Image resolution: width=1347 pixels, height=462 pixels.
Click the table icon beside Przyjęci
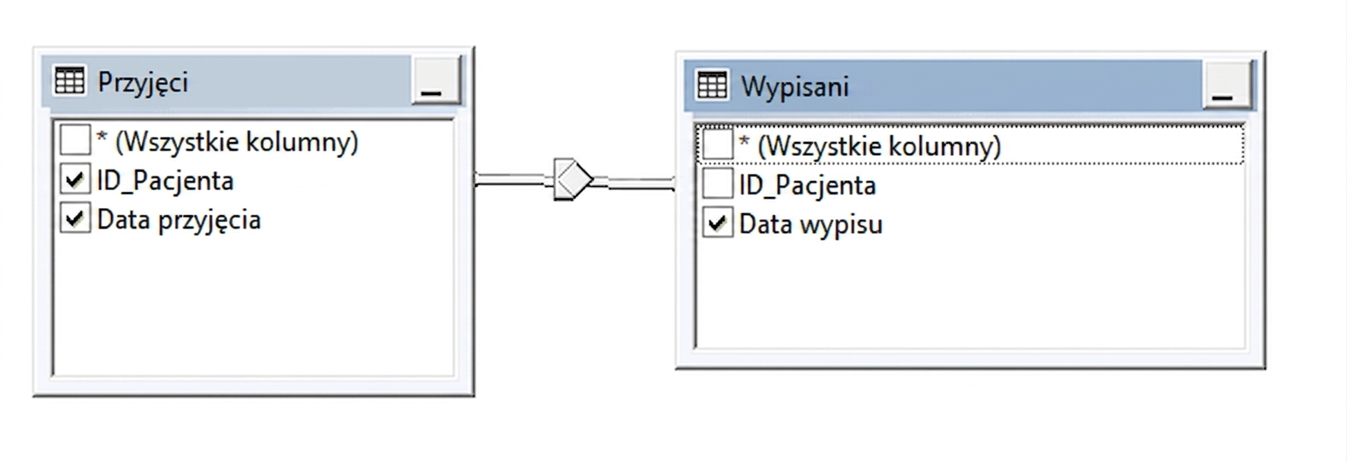(x=70, y=81)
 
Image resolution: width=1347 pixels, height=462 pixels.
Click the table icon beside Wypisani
(x=712, y=85)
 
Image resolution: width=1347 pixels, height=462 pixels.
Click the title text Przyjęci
(x=143, y=82)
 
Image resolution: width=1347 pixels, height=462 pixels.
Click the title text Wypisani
(x=795, y=87)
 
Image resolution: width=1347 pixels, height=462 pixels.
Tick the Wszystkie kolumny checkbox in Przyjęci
(x=74, y=141)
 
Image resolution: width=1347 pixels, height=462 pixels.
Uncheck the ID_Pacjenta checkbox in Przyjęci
(x=74, y=180)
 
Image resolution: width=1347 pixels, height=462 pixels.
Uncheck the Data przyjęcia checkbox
(x=74, y=219)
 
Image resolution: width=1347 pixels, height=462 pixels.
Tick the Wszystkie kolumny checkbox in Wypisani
(x=716, y=145)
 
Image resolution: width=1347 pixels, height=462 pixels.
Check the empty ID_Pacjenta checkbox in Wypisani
(x=716, y=185)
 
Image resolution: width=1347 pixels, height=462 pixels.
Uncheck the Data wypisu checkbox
(x=716, y=223)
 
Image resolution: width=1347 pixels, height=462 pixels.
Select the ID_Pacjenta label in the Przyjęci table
(x=165, y=181)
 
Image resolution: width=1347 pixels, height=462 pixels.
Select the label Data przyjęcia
(x=179, y=220)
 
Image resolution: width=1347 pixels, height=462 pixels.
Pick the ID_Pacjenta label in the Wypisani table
(x=807, y=185)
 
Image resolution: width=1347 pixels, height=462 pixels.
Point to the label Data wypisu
(x=811, y=225)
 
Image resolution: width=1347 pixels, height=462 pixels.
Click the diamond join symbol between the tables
(x=574, y=179)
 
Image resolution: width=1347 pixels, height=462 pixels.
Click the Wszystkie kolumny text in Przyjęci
(x=236, y=141)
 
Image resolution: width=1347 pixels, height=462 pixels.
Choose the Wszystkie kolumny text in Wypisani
(x=879, y=146)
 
